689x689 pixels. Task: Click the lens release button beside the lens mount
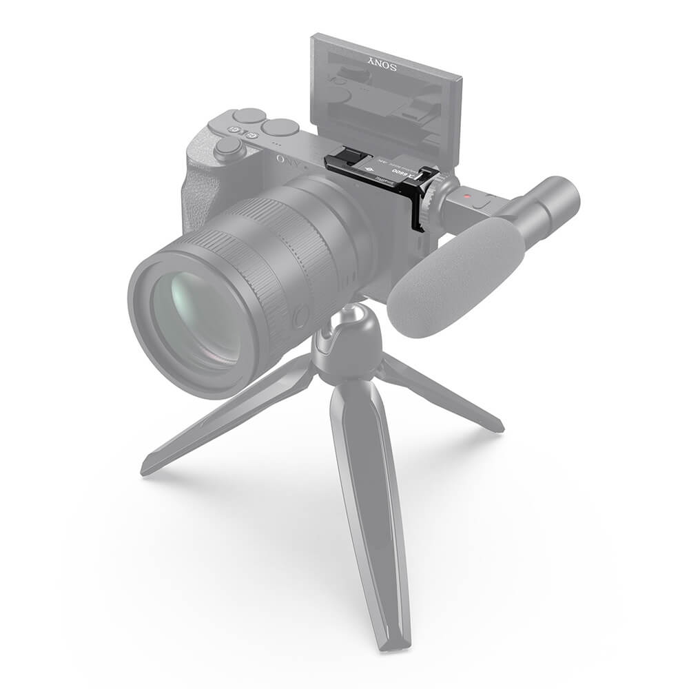click(300, 317)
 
